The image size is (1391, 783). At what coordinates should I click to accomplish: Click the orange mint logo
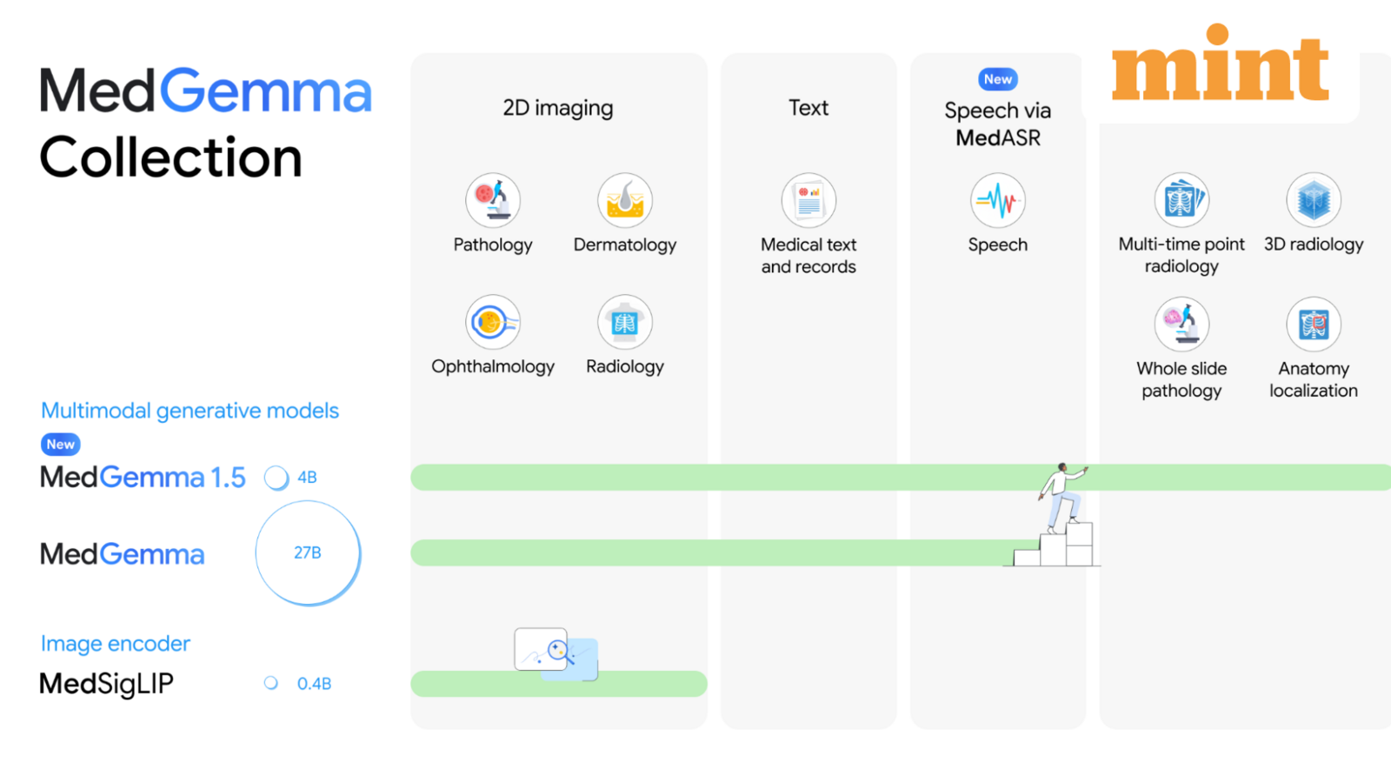click(x=1220, y=66)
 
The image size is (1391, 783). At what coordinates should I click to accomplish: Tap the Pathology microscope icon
click(x=493, y=200)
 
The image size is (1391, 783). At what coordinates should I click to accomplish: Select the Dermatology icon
click(x=624, y=200)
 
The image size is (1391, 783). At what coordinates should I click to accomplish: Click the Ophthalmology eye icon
click(x=493, y=323)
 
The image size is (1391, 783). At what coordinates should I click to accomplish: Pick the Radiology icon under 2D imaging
click(x=624, y=323)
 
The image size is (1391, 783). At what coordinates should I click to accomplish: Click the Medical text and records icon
click(x=809, y=200)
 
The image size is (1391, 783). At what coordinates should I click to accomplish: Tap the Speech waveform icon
click(x=997, y=200)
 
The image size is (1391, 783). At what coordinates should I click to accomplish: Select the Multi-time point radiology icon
click(x=1181, y=200)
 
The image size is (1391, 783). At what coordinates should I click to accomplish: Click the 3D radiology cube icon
click(x=1314, y=200)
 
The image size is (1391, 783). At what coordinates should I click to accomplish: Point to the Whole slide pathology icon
click(x=1181, y=324)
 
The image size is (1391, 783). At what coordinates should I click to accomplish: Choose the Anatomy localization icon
click(x=1314, y=324)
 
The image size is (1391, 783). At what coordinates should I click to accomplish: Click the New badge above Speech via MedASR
click(x=998, y=79)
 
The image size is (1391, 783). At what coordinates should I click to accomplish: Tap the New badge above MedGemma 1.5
click(x=61, y=445)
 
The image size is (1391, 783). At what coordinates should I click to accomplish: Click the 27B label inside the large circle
click(x=308, y=552)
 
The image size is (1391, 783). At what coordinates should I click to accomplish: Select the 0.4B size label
click(x=314, y=684)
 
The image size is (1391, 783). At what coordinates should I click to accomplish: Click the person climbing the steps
click(x=1062, y=496)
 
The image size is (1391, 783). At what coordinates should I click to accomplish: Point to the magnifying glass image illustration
click(x=556, y=652)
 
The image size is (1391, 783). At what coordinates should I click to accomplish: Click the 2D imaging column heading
click(x=558, y=108)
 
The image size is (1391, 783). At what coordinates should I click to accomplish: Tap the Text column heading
click(x=809, y=108)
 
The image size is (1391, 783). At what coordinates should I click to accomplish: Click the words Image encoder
click(x=116, y=644)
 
